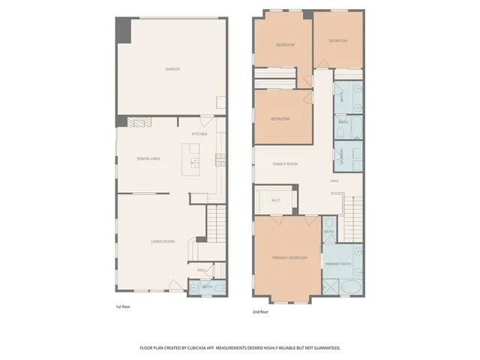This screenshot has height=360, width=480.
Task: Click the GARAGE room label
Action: pyautogui.click(x=172, y=69)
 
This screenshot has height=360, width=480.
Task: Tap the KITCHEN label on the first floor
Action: pyautogui.click(x=199, y=134)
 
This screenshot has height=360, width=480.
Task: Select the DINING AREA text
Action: pyautogui.click(x=148, y=158)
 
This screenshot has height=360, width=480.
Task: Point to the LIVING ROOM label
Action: pyautogui.click(x=163, y=241)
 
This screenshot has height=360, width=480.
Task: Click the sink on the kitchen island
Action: pyautogui.click(x=194, y=160)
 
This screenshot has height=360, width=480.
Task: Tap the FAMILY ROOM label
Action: pyautogui.click(x=285, y=163)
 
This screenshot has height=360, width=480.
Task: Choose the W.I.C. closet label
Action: pyautogui.click(x=275, y=199)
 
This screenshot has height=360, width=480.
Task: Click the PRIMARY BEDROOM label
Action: pyautogui.click(x=289, y=258)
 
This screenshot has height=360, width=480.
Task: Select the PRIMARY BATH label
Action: pyautogui.click(x=337, y=264)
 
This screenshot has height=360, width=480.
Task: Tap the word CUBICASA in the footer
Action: pyautogui.click(x=212, y=348)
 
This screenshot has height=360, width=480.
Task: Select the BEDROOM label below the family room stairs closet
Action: pyautogui.click(x=280, y=118)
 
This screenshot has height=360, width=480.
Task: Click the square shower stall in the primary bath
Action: pyautogui.click(x=331, y=286)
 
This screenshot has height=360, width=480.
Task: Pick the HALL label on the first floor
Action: pyautogui.click(x=202, y=270)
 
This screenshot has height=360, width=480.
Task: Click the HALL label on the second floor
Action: pyautogui.click(x=335, y=181)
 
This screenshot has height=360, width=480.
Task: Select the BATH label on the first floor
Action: pyautogui.click(x=206, y=286)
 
